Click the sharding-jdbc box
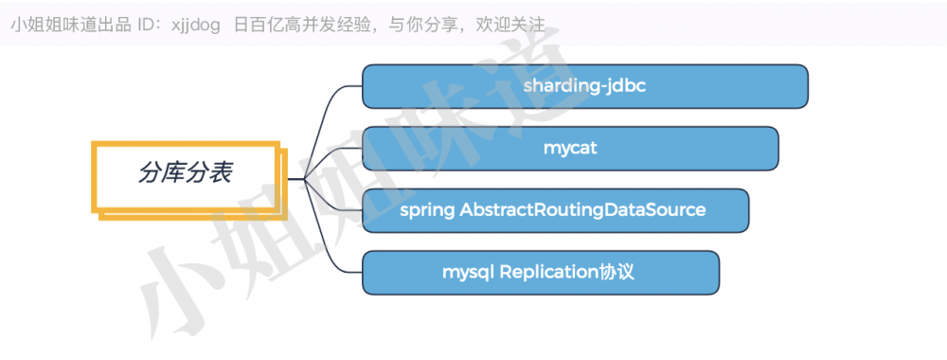pyautogui.click(x=584, y=86)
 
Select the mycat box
pyautogui.click(x=570, y=149)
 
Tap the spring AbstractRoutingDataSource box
pyautogui.click(x=555, y=209)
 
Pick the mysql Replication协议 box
pyautogui.click(x=541, y=272)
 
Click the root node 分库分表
pyautogui.click(x=187, y=172)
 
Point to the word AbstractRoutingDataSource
pyautogui.click(x=582, y=209)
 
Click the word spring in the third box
pyautogui.click(x=427, y=210)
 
